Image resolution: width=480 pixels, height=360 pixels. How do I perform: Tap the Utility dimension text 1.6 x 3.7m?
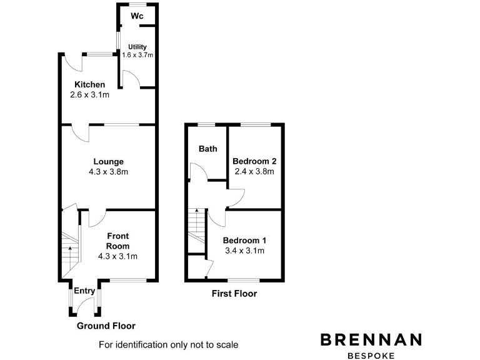tap(137, 55)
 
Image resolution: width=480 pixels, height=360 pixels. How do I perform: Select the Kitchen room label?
tap(89, 85)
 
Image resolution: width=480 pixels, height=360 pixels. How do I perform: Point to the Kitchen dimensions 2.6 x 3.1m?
tap(89, 96)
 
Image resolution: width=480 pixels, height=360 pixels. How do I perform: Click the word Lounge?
tap(109, 161)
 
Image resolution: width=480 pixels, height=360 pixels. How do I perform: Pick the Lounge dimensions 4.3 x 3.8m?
tap(109, 172)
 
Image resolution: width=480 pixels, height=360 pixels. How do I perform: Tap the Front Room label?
tap(117, 241)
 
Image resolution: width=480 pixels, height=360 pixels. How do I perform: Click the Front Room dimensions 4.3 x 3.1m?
tap(117, 256)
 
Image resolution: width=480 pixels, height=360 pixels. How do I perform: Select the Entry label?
tap(84, 291)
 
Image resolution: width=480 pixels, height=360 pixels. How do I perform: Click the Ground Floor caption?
tap(106, 326)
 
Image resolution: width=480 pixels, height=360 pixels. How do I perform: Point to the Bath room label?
tap(208, 149)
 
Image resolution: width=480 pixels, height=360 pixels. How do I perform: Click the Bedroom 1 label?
tap(244, 241)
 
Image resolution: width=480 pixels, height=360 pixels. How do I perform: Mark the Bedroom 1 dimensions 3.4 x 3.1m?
tap(244, 251)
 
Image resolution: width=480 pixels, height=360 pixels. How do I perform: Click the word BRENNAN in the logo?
tap(371, 339)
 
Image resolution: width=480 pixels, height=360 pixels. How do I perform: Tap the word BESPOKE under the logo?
tap(371, 354)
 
